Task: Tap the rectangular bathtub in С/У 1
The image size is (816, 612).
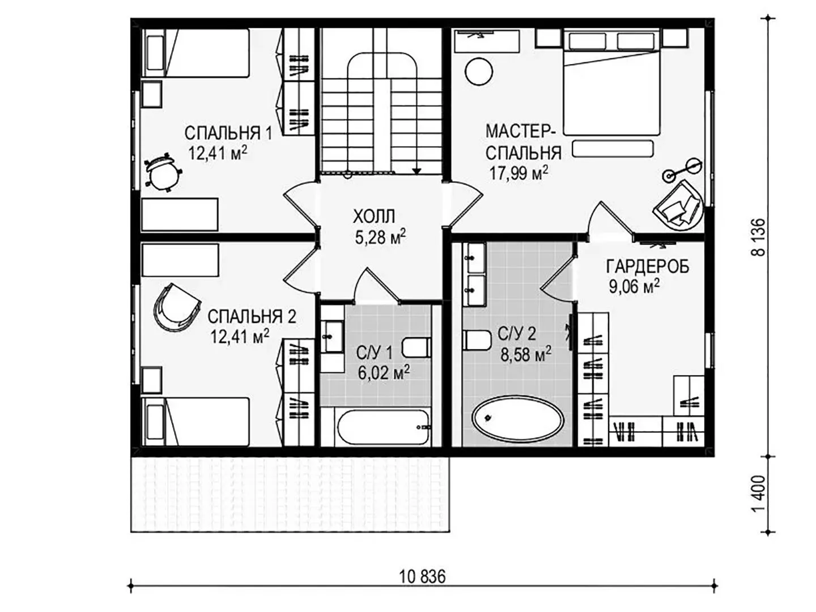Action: coord(383,428)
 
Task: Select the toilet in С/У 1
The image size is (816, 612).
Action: coord(416,348)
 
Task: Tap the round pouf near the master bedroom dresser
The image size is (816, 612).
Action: coord(479,72)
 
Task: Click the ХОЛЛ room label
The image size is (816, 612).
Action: coord(374,216)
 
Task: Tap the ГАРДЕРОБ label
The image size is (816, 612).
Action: coord(648,267)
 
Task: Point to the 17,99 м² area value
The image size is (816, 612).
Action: coord(518,173)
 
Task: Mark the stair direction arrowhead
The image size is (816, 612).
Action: coord(416,171)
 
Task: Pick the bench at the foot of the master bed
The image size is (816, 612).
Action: coord(612,148)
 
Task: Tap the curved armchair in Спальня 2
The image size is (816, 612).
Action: coord(176,307)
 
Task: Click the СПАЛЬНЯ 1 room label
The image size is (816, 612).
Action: coord(228,133)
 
